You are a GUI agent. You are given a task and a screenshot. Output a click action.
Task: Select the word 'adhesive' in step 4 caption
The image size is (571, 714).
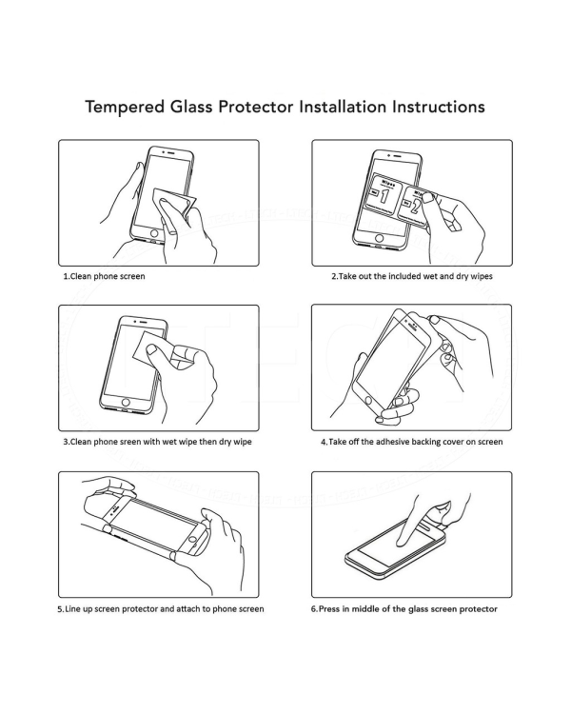[386, 442]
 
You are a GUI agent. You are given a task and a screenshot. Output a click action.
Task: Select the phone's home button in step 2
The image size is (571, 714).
[381, 238]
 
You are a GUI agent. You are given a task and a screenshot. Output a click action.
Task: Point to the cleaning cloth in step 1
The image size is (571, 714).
[172, 204]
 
